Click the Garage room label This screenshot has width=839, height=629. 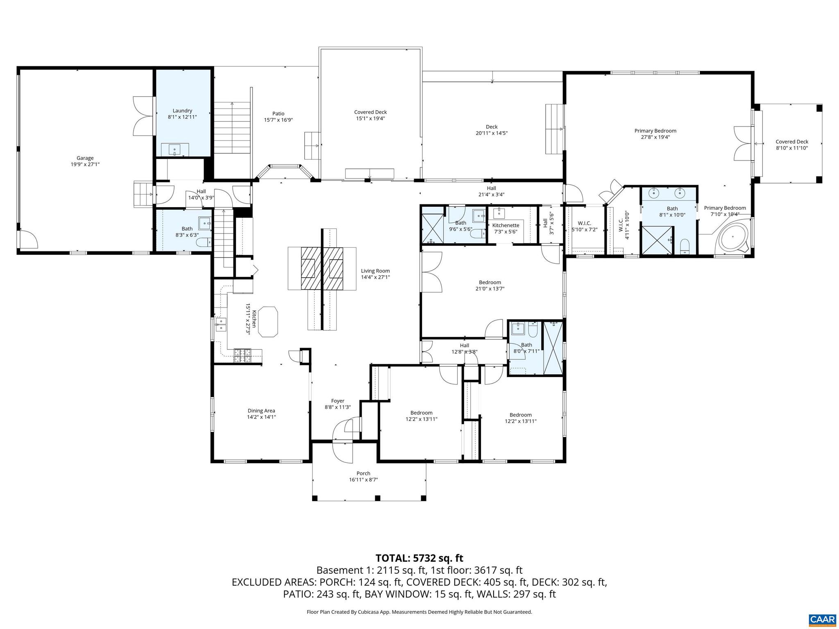pyautogui.click(x=85, y=158)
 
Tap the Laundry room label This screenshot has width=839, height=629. pyautogui.click(x=182, y=111)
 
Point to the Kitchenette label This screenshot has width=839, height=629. pyautogui.click(x=506, y=225)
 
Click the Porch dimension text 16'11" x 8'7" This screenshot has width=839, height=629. pyautogui.click(x=363, y=480)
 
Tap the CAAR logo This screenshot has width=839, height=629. pyautogui.click(x=822, y=619)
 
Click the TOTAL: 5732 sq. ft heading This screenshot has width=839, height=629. pyautogui.click(x=419, y=558)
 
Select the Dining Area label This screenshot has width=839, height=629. pyautogui.click(x=261, y=411)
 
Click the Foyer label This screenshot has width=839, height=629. pyautogui.click(x=338, y=401)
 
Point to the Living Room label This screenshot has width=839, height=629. pyautogui.click(x=375, y=271)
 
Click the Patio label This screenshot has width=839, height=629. pyautogui.click(x=278, y=114)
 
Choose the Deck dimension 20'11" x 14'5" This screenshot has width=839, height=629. pyautogui.click(x=492, y=133)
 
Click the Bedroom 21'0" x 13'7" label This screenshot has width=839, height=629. pyautogui.click(x=490, y=283)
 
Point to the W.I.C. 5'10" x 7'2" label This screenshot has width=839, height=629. pyautogui.click(x=584, y=223)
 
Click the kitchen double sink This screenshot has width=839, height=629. pyautogui.click(x=221, y=324)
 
